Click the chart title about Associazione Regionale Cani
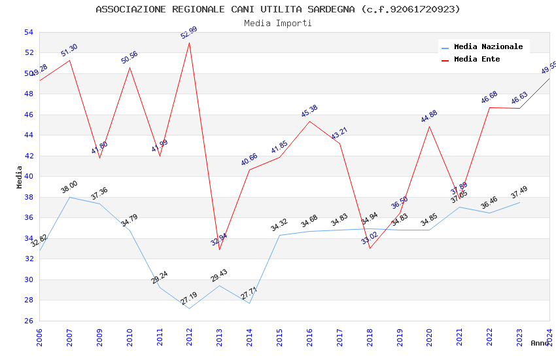(x=278, y=9)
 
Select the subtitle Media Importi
(x=278, y=23)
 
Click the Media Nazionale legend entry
(x=488, y=47)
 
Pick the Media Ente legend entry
(x=477, y=60)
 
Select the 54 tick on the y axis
(x=28, y=32)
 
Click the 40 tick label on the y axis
(x=28, y=177)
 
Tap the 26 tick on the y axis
(x=28, y=321)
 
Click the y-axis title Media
(x=20, y=177)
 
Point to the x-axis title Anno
(x=540, y=343)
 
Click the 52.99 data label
(x=189, y=33)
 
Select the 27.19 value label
(x=188, y=298)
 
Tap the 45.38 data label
(x=309, y=111)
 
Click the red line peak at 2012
(x=190, y=43)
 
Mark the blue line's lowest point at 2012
(x=190, y=308)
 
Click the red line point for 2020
(x=430, y=126)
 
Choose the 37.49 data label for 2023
(x=519, y=192)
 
